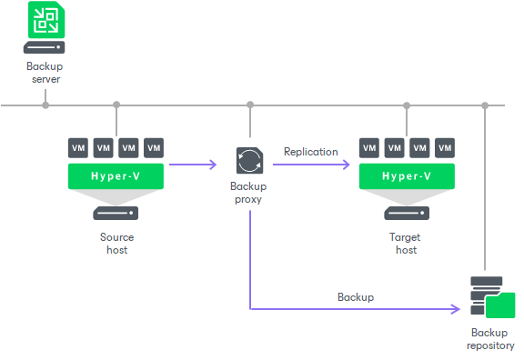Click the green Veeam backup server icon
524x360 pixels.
(45, 18)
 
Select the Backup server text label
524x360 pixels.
(45, 74)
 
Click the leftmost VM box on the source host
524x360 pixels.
(78, 147)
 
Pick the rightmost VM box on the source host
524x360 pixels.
(153, 147)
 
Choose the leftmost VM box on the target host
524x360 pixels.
(369, 147)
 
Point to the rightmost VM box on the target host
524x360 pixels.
(445, 147)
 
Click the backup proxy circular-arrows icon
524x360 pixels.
(249, 160)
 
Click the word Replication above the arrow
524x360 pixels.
(310, 152)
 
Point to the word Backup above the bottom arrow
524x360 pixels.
(355, 297)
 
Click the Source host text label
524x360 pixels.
(116, 243)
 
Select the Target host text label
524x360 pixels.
(407, 243)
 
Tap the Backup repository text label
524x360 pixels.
(490, 339)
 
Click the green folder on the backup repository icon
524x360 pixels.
(501, 305)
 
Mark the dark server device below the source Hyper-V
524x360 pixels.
(116, 214)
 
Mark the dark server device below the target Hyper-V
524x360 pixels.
(407, 214)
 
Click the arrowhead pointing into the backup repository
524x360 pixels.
(458, 309)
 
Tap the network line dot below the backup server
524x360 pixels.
(45, 105)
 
